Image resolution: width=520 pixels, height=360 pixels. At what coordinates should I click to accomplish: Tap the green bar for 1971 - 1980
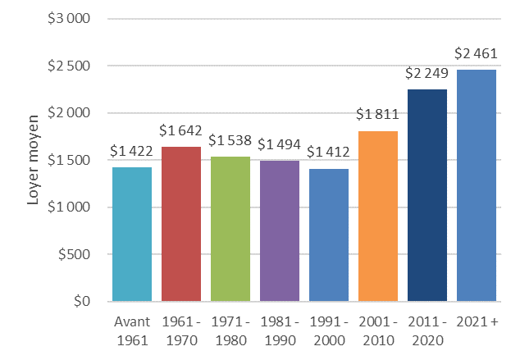pos(230,229)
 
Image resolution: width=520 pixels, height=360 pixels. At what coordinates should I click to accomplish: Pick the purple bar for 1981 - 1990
pos(279,230)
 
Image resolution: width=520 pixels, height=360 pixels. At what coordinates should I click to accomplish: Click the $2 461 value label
pos(476,56)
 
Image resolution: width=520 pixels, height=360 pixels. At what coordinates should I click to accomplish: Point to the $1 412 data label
pos(328,153)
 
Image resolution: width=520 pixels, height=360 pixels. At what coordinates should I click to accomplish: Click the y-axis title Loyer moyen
pos(34,160)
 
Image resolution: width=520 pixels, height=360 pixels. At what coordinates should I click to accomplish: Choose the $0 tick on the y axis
pos(80,302)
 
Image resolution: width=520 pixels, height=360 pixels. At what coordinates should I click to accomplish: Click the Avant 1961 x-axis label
pos(131,330)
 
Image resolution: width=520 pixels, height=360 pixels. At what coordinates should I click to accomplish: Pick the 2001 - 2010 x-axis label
pos(377,330)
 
